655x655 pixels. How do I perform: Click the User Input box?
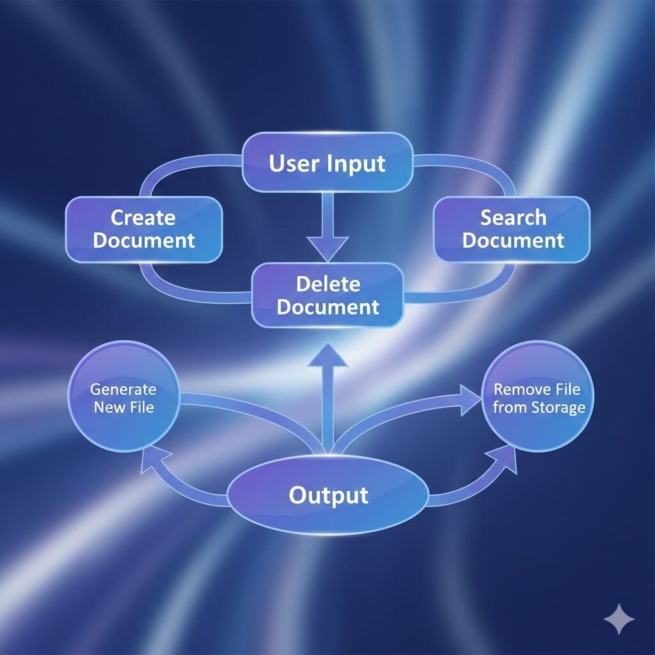tap(327, 162)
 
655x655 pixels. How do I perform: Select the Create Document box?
tap(144, 229)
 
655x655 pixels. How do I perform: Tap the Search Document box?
tap(512, 229)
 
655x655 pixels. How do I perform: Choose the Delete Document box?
tap(327, 296)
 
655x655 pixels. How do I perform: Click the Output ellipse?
tap(327, 496)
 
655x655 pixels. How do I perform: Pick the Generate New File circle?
tap(123, 397)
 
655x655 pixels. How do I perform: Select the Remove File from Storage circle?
tap(539, 397)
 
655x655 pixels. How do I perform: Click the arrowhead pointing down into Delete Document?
tap(327, 247)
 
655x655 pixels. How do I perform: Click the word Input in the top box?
tap(356, 163)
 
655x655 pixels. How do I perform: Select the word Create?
tap(143, 217)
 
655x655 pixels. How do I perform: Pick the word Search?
tap(513, 217)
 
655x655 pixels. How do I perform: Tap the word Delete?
tap(328, 284)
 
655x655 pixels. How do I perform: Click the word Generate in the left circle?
tap(123, 388)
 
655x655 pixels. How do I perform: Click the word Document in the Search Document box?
tap(513, 241)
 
